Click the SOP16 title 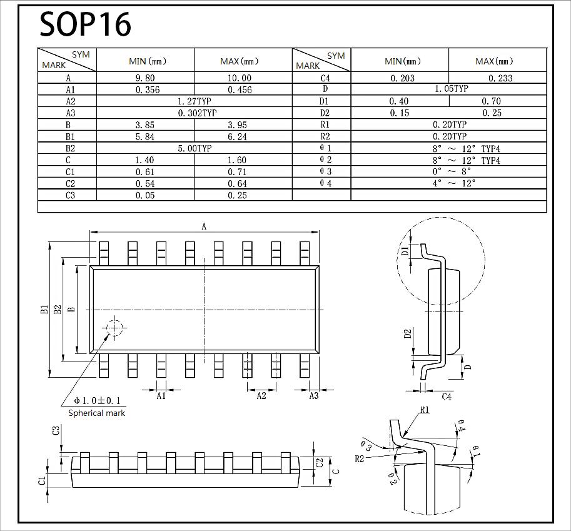pos(86,24)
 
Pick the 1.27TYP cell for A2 pos(195,101)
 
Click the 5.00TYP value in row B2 pos(195,148)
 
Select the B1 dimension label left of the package pos(44,309)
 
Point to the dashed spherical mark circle pos(115,328)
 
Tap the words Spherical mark pos(96,413)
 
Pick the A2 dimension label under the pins pos(261,395)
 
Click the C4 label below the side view pos(447,397)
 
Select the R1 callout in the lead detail pos(424,410)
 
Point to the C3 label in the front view pos(56,430)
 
